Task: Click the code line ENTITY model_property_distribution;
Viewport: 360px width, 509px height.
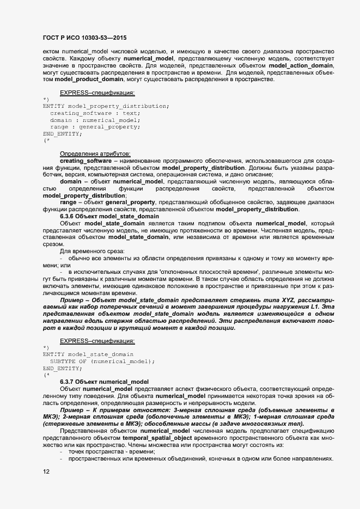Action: coord(106,106)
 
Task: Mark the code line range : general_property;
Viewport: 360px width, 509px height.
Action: coord(95,126)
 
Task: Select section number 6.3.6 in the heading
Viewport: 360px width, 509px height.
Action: coord(68,216)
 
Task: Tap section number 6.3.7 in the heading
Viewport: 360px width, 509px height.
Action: coord(68,381)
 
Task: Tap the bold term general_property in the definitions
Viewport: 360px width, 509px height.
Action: coord(130,202)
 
